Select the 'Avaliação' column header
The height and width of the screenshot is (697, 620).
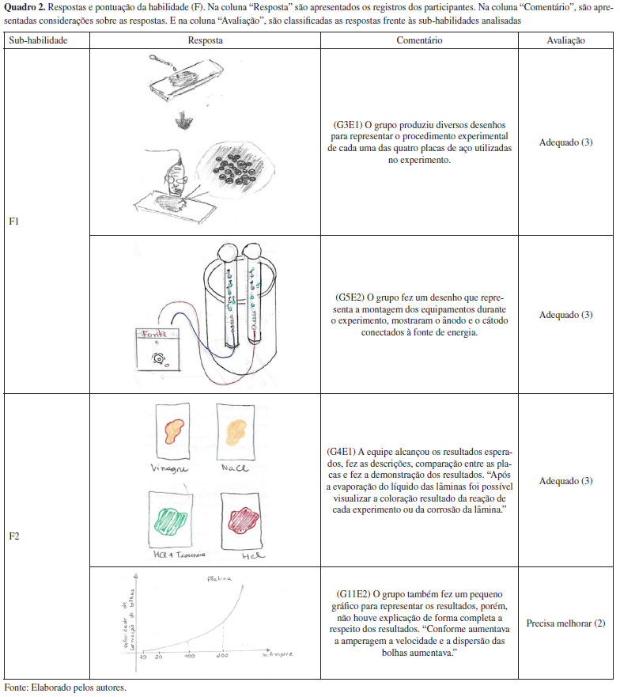565,40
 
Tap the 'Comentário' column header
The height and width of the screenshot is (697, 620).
419,40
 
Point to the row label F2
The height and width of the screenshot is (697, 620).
13,536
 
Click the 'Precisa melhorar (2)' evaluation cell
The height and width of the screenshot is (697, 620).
565,623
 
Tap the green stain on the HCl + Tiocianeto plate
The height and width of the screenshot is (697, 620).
169,521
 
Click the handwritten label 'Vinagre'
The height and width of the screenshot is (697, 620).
170,468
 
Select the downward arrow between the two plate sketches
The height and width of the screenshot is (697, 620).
183,120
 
